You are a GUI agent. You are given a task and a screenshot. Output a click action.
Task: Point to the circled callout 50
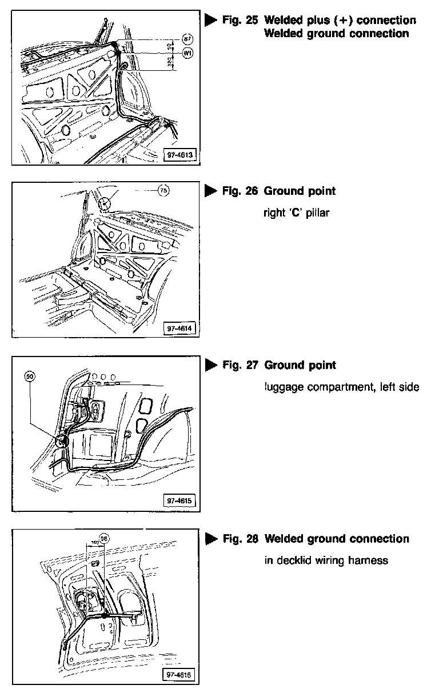[x=30, y=376]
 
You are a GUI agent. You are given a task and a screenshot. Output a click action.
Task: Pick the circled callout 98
[x=103, y=537]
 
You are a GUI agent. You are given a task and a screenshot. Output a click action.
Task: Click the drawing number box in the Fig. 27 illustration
[x=179, y=501]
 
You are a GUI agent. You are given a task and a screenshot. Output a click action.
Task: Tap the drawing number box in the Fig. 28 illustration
[x=179, y=674]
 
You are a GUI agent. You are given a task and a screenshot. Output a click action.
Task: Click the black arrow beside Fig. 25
[x=210, y=21]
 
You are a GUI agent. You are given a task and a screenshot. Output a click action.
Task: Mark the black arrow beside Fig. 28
[x=210, y=539]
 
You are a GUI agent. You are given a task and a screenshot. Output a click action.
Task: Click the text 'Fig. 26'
[x=241, y=191]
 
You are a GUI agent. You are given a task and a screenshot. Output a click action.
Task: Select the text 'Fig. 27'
[x=241, y=365]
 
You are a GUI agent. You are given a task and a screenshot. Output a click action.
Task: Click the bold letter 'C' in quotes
[x=296, y=213]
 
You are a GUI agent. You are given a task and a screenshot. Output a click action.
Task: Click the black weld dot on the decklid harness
[x=105, y=616]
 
